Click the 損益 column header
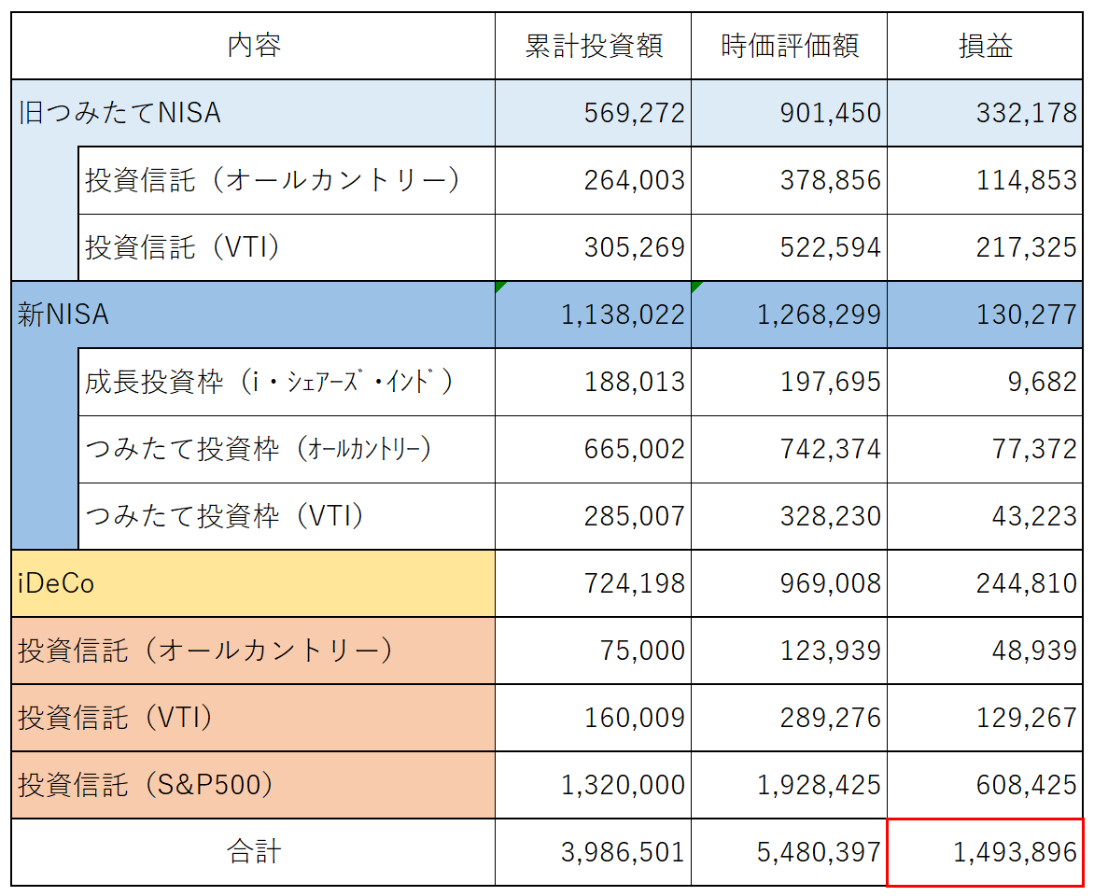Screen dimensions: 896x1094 click(x=985, y=46)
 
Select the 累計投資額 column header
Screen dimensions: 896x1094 click(x=594, y=46)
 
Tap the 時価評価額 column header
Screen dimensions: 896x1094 click(x=790, y=46)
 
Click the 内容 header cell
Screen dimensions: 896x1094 click(x=254, y=46)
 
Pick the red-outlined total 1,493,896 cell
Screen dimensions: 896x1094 click(x=985, y=852)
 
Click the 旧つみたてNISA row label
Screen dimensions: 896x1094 click(x=120, y=113)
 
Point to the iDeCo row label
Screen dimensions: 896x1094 click(x=56, y=583)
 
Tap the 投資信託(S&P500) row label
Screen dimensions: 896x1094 click(x=146, y=785)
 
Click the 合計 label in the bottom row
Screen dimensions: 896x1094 click(x=254, y=852)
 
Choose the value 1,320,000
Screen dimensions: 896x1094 click(x=623, y=785)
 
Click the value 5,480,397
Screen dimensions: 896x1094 click(x=819, y=852)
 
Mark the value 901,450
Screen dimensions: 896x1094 click(x=830, y=113)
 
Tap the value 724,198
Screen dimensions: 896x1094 click(x=634, y=583)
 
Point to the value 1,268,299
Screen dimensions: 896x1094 click(x=819, y=315)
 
